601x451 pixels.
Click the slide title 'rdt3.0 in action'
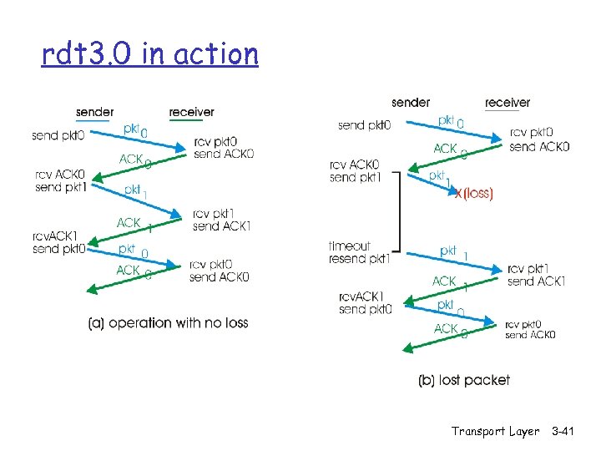coord(150,54)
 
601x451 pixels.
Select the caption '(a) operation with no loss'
coord(168,323)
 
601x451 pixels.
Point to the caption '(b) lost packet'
coord(464,380)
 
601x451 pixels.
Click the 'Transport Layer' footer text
coord(495,432)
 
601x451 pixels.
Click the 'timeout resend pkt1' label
coord(360,252)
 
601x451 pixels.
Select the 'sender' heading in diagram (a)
coord(94,112)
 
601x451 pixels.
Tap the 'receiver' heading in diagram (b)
coord(508,103)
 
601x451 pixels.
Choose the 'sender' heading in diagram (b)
coord(411,103)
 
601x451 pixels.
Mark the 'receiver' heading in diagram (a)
coord(191,112)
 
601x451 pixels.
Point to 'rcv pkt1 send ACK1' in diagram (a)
coord(221,220)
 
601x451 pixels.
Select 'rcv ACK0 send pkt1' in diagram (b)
coord(355,171)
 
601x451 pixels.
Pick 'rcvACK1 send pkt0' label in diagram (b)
coord(366,302)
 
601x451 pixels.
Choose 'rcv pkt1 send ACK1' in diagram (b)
coord(536,275)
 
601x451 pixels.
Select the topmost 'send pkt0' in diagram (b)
coord(364,125)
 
